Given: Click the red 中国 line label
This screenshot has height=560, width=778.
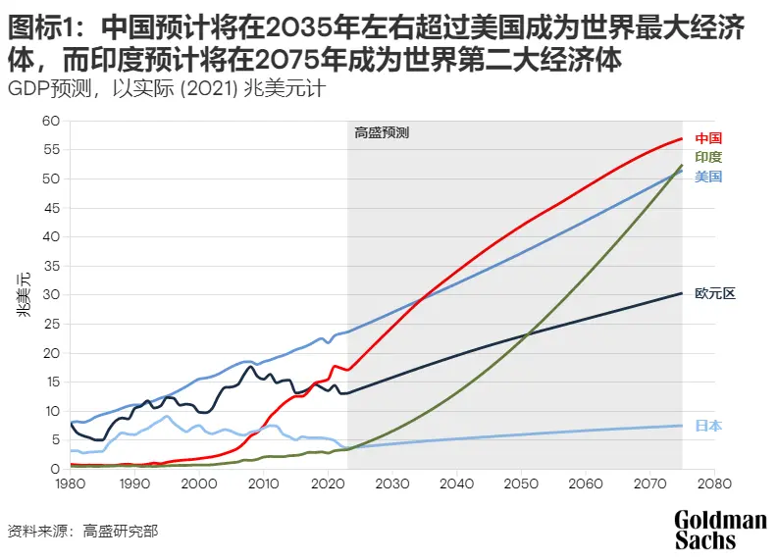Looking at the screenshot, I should pyautogui.click(x=708, y=138).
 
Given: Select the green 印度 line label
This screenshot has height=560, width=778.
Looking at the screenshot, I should pyautogui.click(x=708, y=157).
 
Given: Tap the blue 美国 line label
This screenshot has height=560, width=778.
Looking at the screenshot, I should pyautogui.click(x=708, y=177).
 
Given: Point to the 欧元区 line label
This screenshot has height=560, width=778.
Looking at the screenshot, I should pyautogui.click(x=714, y=293).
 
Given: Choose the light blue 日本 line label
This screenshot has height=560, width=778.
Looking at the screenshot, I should pyautogui.click(x=708, y=426).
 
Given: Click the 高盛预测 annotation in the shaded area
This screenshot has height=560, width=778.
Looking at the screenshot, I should pyautogui.click(x=381, y=132).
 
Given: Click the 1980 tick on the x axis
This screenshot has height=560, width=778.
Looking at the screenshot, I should pyautogui.click(x=71, y=484).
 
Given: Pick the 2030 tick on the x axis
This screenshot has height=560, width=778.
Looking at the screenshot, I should pyautogui.click(x=392, y=484).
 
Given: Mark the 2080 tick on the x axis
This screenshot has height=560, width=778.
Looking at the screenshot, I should pyautogui.click(x=713, y=484).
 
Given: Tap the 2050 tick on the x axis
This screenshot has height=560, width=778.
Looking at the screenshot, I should pyautogui.click(x=521, y=484).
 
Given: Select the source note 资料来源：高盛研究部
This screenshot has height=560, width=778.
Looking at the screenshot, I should pyautogui.click(x=82, y=532).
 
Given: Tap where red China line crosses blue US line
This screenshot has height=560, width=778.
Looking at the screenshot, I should pyautogui.click(x=424, y=298).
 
